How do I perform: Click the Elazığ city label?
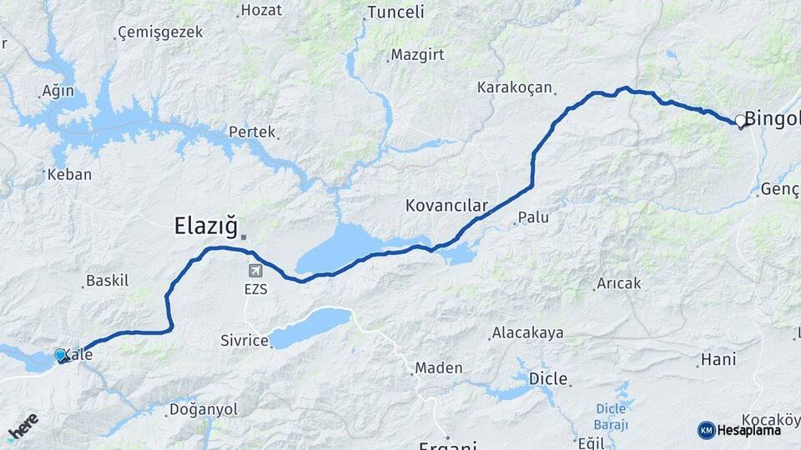pos(206,225)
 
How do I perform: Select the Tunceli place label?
pos(396,12)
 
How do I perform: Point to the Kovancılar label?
pos(446,204)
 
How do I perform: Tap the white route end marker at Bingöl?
pos(740,121)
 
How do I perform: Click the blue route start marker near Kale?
pos(60,355)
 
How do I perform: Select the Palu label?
pos(533,217)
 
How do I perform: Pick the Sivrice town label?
pos(244,340)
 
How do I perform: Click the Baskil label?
pos(108,281)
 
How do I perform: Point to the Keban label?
pos(69,175)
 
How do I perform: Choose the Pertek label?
pos(251,132)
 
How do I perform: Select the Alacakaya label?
pos(527,332)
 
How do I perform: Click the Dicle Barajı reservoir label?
pos(617,414)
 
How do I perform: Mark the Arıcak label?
pos(618,283)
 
